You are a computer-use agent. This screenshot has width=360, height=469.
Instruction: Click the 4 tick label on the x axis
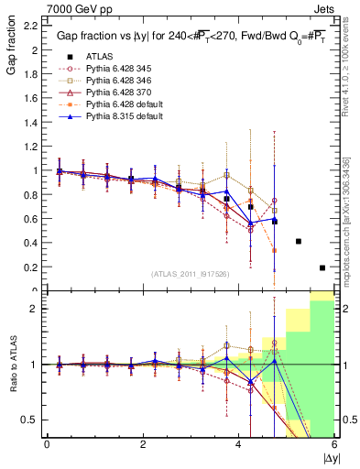click(238, 444)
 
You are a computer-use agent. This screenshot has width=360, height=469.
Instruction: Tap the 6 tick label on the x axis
click(334, 444)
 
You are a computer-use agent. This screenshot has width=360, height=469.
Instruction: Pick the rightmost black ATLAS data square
click(322, 267)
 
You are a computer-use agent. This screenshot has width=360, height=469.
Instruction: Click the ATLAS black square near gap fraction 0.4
click(299, 242)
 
